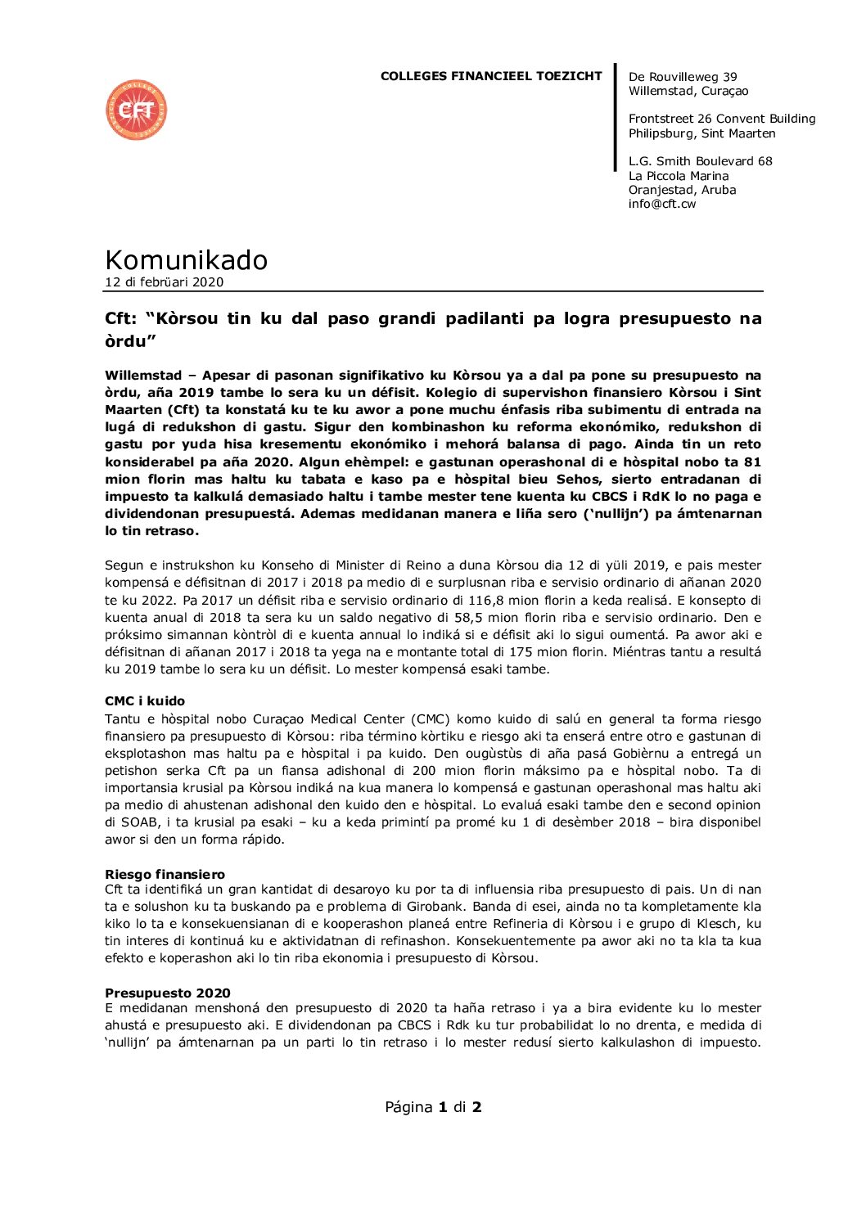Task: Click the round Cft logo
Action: (x=136, y=110)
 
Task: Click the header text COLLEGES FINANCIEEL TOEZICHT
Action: (x=490, y=76)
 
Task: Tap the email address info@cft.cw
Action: (x=661, y=204)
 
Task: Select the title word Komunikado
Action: (x=186, y=259)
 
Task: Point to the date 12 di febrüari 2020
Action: (x=164, y=282)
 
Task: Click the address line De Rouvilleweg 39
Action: (x=683, y=77)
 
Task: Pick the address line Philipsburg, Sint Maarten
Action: (x=701, y=133)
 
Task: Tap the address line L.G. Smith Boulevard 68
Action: (x=700, y=161)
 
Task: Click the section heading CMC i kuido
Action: (x=145, y=701)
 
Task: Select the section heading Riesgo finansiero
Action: (x=165, y=874)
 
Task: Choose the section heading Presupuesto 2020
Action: (x=167, y=993)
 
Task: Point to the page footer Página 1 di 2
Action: (x=433, y=1107)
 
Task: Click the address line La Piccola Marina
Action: (x=678, y=176)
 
